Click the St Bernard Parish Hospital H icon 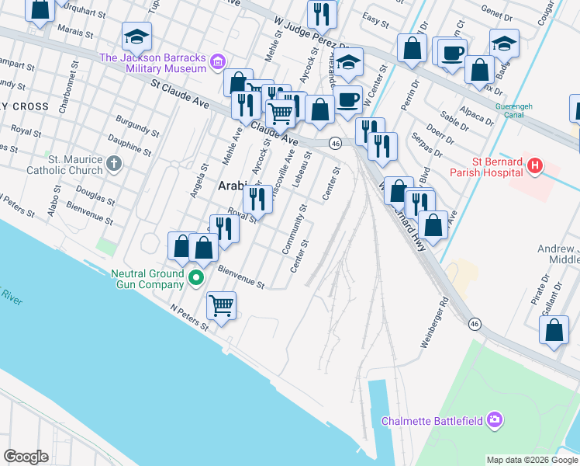click(x=534, y=165)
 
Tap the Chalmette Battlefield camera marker click(x=495, y=421)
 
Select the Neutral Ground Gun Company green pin click(x=197, y=276)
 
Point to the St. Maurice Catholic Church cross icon click(x=114, y=163)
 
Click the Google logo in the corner click(x=26, y=457)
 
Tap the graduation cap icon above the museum click(x=136, y=36)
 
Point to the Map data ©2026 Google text click(x=531, y=460)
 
